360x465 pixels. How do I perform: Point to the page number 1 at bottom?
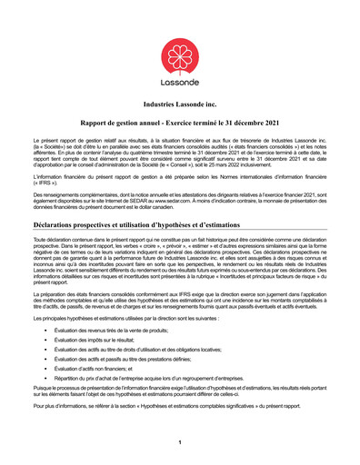pos(180,441)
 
